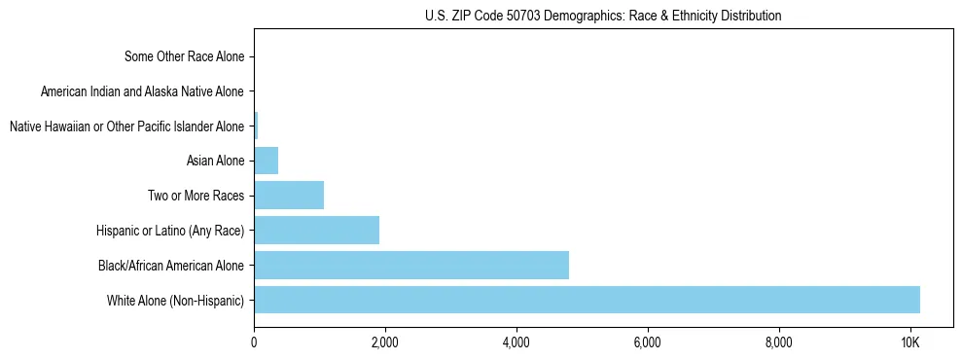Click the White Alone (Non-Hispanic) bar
(x=587, y=300)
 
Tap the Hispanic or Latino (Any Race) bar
(x=316, y=231)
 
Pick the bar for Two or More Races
(x=289, y=196)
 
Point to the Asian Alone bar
(x=266, y=161)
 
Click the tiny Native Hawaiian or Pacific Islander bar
(x=256, y=126)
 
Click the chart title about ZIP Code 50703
(x=603, y=16)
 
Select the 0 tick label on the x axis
(x=254, y=342)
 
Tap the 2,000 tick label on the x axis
(x=385, y=342)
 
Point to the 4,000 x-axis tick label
(x=517, y=342)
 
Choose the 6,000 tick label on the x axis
(x=648, y=342)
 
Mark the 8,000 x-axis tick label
(x=779, y=342)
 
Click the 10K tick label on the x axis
(x=909, y=342)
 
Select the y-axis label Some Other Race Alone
(x=185, y=56)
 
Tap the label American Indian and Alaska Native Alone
(x=143, y=91)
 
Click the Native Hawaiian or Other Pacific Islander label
(x=126, y=126)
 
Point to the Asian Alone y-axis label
(x=215, y=161)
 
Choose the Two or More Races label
(x=196, y=196)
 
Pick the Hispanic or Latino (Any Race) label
(x=170, y=231)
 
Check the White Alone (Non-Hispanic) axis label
(x=176, y=300)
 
